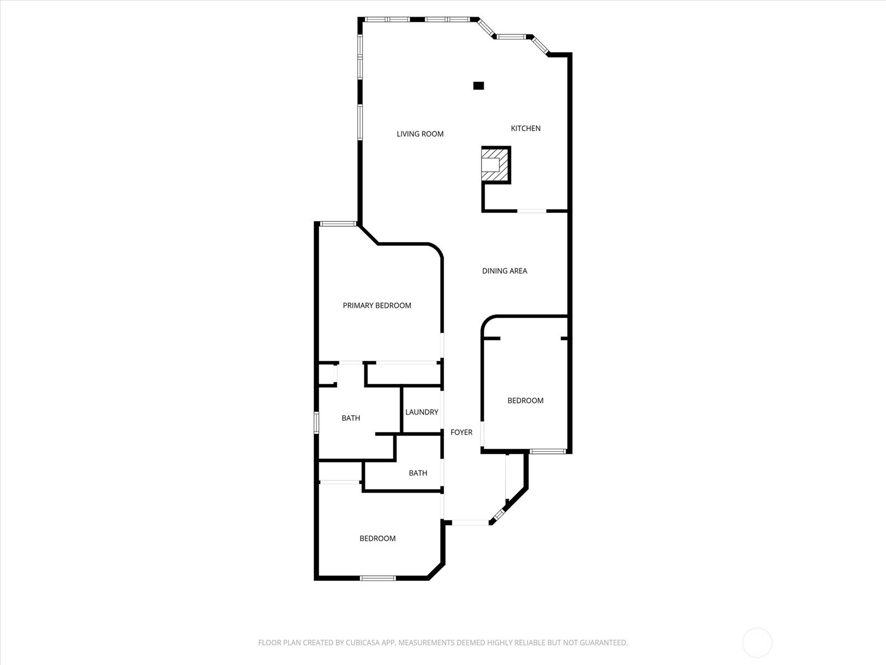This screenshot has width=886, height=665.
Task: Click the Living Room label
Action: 420,134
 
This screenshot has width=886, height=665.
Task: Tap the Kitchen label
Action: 525,128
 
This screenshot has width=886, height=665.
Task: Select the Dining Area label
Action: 504,270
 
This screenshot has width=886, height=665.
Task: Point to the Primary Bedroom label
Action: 377,305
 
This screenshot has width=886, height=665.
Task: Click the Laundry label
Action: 421,412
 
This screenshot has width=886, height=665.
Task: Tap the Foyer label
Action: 461,432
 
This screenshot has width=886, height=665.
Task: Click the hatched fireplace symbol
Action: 495,165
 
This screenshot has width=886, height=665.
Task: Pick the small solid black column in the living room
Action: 478,85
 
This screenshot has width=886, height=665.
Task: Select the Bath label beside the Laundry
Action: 351,418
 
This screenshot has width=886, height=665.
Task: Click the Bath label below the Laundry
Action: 418,473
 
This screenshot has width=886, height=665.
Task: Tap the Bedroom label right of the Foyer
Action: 525,400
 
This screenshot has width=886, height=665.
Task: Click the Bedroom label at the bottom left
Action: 377,538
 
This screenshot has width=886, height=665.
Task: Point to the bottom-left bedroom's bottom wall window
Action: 378,578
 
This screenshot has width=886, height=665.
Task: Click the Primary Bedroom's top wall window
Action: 338,224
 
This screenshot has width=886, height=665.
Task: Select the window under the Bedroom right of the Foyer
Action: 547,451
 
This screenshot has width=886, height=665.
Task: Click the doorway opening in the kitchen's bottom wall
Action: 532,211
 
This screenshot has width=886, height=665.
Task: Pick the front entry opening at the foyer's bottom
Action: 470,522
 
